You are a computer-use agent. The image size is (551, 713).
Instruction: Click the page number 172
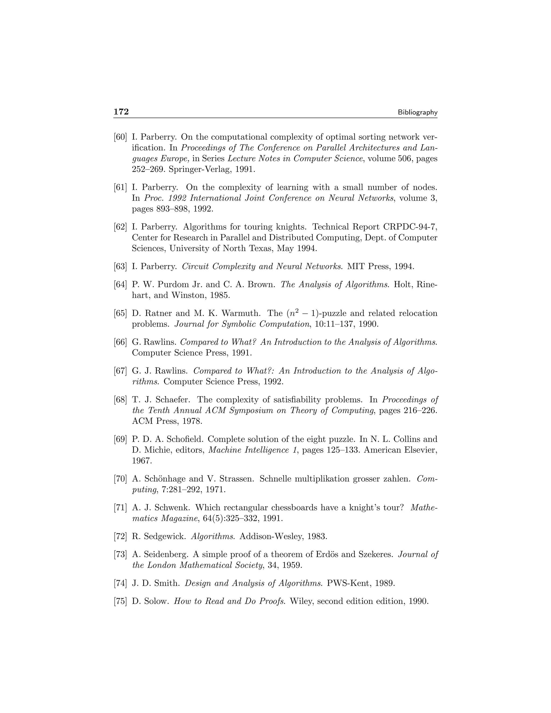click(121, 112)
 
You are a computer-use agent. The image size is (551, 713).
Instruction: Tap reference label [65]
click(120, 313)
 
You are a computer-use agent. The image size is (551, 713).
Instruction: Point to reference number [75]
click(120, 601)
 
